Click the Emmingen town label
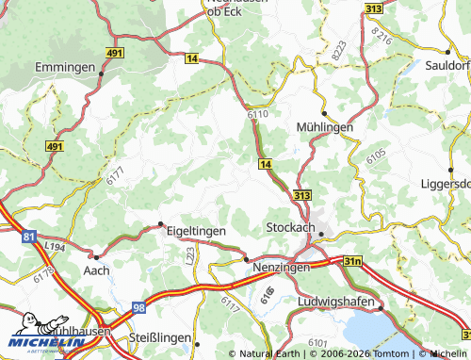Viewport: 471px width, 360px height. (x=65, y=68)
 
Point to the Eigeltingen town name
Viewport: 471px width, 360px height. (x=198, y=229)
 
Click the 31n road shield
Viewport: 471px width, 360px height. (x=351, y=260)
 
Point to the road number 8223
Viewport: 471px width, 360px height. (x=337, y=51)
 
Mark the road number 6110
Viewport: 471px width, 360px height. (x=258, y=114)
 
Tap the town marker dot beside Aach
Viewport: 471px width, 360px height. (x=95, y=256)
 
